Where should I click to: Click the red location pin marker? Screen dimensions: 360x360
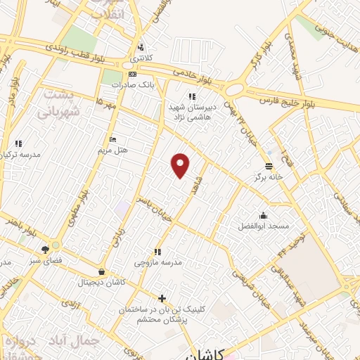coord(181,165)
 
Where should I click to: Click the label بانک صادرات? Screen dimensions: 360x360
coord(131,84)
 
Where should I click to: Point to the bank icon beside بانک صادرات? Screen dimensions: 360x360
coord(131,74)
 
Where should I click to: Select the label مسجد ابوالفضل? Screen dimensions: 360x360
coord(263,226)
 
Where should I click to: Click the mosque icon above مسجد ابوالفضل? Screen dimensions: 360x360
coord(263,215)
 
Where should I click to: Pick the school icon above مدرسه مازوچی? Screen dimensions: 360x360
coord(157,251)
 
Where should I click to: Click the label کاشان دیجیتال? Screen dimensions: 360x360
coord(103,282)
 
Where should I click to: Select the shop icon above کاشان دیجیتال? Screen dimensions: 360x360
coord(103,271)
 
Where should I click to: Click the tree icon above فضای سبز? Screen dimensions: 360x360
coord(46,249)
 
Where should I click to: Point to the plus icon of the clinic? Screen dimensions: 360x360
coord(162,298)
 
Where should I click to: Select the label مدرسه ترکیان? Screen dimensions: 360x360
coord(20,154)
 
